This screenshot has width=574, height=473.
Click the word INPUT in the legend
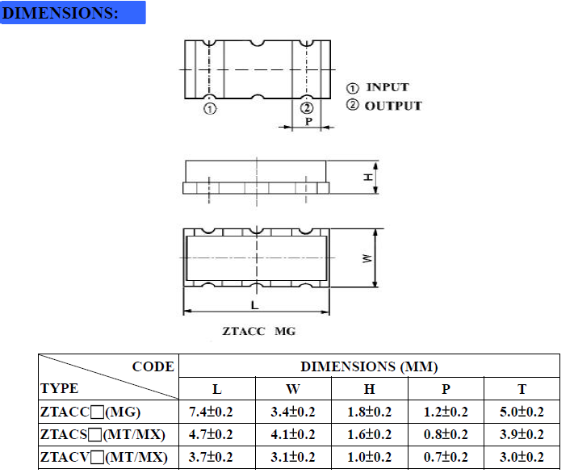point(388,87)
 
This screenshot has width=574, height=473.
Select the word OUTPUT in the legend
point(392,106)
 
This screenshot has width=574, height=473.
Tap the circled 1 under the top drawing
point(209,109)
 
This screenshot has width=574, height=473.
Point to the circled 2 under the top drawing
point(306,109)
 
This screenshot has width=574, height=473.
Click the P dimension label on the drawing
point(309,122)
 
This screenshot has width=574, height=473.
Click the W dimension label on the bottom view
point(367,259)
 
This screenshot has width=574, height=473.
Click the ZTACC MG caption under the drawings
point(259,331)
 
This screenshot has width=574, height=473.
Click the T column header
point(522,389)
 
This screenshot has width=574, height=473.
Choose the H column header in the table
point(369,389)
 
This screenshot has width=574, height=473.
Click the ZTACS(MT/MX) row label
point(103,435)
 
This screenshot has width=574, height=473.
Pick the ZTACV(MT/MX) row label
point(103,458)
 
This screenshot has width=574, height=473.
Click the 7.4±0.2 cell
point(211,412)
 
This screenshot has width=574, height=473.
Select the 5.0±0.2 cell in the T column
point(522,412)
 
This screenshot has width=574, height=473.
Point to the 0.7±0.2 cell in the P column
point(446,458)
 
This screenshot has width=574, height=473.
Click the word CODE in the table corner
point(153,367)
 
